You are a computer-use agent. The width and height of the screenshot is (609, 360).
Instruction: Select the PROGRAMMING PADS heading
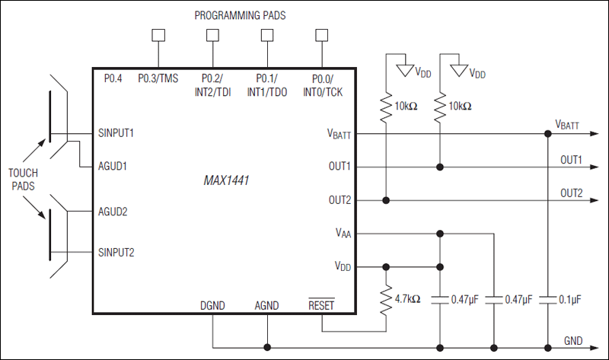click(239, 15)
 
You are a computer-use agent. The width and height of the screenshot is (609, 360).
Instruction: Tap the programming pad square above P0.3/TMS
click(158, 34)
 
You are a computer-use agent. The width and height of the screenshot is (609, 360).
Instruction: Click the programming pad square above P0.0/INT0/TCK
click(321, 34)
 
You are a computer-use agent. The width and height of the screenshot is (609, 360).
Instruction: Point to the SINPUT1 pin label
click(116, 132)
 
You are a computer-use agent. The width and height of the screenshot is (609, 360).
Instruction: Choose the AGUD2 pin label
click(113, 212)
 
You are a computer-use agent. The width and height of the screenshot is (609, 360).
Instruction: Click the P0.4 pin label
click(113, 78)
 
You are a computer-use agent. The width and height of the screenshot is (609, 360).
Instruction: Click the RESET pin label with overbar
click(321, 306)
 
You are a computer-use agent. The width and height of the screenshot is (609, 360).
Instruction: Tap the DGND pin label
click(213, 306)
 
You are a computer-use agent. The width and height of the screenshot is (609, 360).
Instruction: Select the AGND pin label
click(266, 306)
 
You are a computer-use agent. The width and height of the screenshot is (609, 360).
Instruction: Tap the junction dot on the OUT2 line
click(387, 200)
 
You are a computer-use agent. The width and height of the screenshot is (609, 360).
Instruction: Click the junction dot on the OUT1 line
click(440, 167)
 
